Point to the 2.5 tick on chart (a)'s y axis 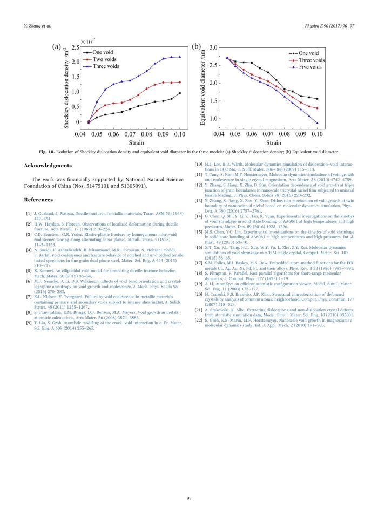75,48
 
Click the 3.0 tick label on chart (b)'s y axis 213,48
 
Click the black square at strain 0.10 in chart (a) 180,93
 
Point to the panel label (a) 57,47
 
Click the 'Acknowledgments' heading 50,166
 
